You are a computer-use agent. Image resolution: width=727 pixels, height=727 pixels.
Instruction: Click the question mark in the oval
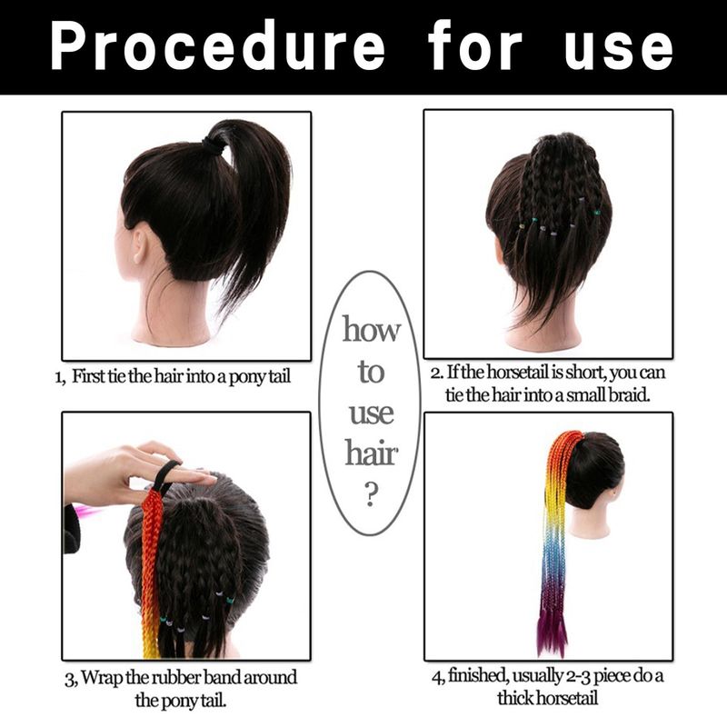point(370,494)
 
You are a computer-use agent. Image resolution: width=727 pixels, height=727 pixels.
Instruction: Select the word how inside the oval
point(371,329)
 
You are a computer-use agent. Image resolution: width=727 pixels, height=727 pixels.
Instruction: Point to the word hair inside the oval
point(372,453)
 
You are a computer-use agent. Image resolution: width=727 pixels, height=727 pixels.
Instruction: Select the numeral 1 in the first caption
point(58,377)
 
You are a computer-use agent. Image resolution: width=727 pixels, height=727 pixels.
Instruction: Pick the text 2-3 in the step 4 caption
point(578,676)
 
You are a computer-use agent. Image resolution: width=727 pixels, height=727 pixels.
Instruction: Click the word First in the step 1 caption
point(87,375)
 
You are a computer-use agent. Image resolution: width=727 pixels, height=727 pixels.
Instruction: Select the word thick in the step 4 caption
point(518,698)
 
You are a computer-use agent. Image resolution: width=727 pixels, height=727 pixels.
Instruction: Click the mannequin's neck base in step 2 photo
point(543,342)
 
